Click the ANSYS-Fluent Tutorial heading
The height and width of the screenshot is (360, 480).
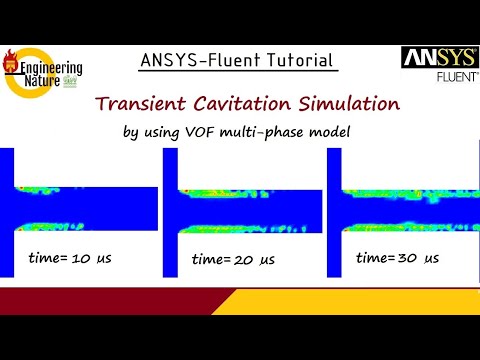[x=235, y=60]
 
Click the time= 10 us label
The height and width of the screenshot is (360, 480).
[x=68, y=259]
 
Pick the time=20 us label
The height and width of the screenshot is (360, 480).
[x=234, y=260]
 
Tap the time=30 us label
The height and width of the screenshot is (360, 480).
[x=397, y=258]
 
